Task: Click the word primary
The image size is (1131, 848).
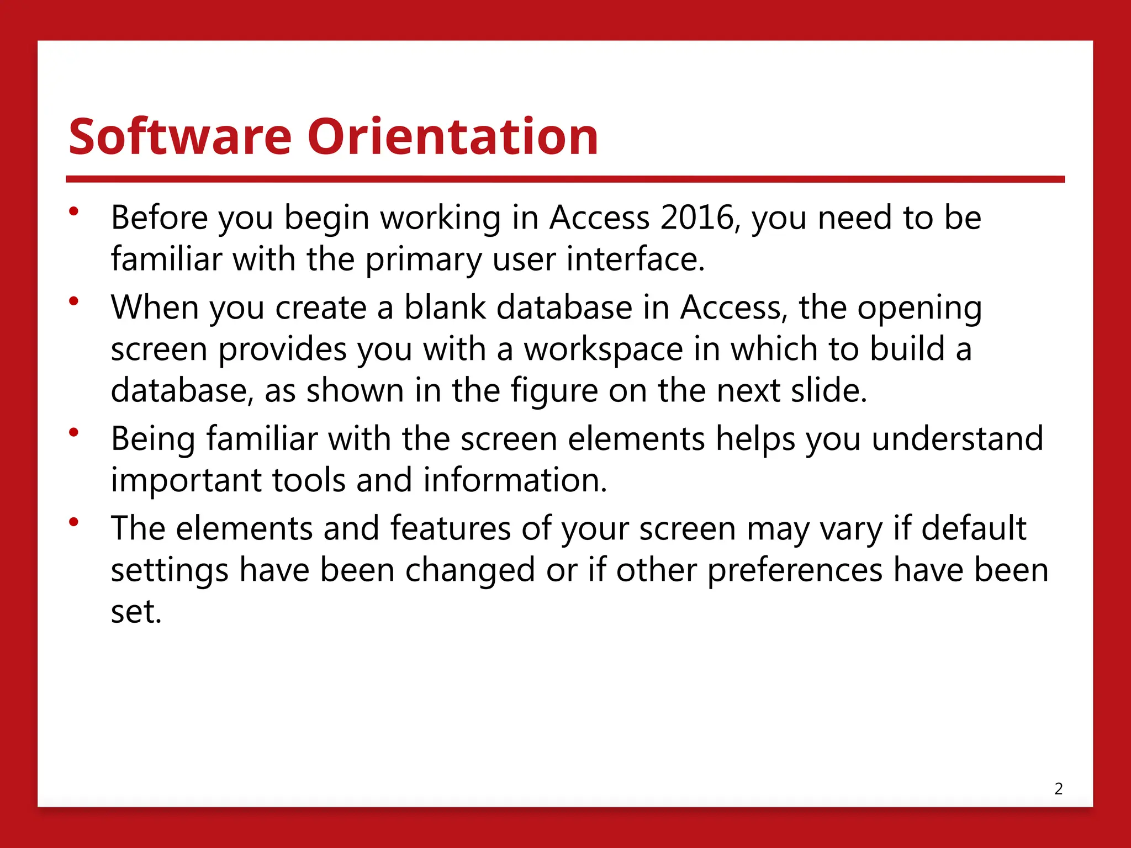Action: click(423, 261)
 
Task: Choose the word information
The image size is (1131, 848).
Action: click(515, 480)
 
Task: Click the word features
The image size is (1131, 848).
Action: click(450, 528)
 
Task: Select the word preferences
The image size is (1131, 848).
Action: click(795, 571)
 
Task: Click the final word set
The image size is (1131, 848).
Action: click(136, 612)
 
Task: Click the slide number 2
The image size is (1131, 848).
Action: click(1058, 789)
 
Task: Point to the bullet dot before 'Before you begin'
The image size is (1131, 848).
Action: click(74, 211)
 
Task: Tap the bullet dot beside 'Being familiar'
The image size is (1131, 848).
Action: click(74, 432)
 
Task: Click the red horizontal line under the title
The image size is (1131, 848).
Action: click(565, 179)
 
